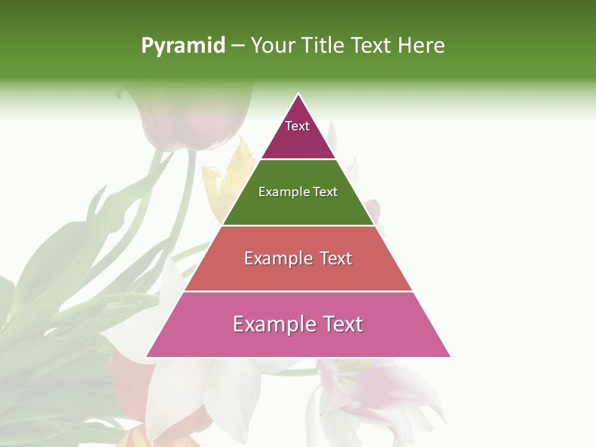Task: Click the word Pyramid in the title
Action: [x=183, y=46]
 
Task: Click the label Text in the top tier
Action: [x=297, y=126]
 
